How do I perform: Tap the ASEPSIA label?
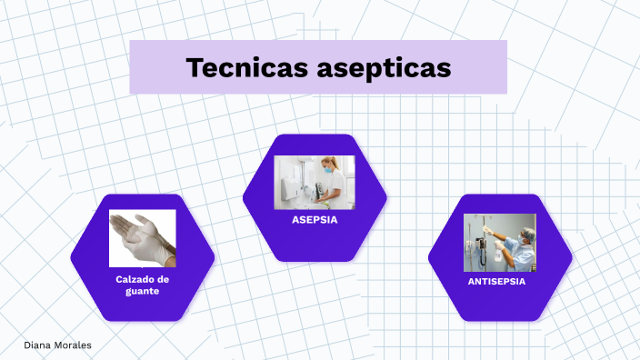coord(315,220)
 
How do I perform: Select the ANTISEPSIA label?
coord(496,282)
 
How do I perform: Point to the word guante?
coord(143,291)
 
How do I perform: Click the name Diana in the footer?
coord(37,345)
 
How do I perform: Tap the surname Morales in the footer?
coord(72,345)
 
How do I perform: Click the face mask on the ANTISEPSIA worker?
coord(520,239)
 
